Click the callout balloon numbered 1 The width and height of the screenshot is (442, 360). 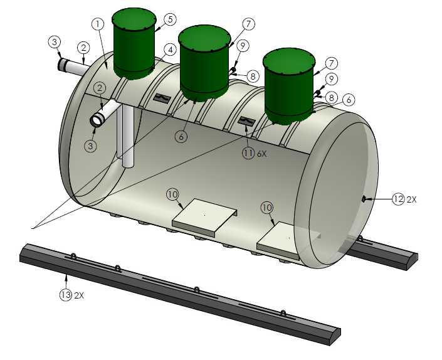[x=98, y=24]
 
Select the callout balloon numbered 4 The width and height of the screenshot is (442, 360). [x=170, y=50]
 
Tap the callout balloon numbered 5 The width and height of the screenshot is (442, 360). [x=170, y=19]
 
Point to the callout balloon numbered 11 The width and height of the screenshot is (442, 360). [x=248, y=153]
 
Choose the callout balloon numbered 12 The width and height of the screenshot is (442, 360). [x=398, y=199]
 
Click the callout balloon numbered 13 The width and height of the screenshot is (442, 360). [x=66, y=295]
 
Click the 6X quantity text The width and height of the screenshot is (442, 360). [x=261, y=154]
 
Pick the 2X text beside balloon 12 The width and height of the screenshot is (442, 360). [x=411, y=199]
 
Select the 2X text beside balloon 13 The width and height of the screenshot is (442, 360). [x=79, y=295]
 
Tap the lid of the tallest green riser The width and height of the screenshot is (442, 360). [x=134, y=19]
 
